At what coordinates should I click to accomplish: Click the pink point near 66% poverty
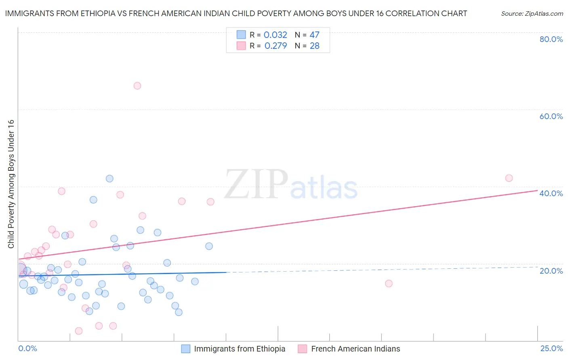pyautogui.click(x=137, y=86)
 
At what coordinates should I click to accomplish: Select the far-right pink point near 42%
pyautogui.click(x=509, y=178)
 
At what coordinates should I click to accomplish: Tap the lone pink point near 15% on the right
pyautogui.click(x=389, y=283)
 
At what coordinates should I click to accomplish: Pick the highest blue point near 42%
pyautogui.click(x=109, y=178)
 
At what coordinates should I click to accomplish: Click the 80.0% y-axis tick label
pyautogui.click(x=551, y=39)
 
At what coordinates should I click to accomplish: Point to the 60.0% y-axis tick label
pyautogui.click(x=551, y=116)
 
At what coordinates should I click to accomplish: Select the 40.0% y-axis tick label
pyautogui.click(x=551, y=193)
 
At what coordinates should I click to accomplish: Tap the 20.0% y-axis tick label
pyautogui.click(x=551, y=270)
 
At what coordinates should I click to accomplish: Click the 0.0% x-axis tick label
pyautogui.click(x=27, y=348)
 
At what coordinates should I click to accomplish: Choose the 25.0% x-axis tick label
pyautogui.click(x=551, y=348)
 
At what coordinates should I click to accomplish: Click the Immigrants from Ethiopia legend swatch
pyautogui.click(x=186, y=349)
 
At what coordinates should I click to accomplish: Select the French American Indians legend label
pyautogui.click(x=356, y=349)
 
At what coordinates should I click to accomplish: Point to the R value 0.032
pyautogui.click(x=276, y=35)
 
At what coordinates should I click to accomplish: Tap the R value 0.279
pyautogui.click(x=276, y=46)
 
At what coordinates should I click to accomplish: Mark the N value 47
pyautogui.click(x=315, y=35)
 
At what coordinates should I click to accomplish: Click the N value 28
pyautogui.click(x=315, y=46)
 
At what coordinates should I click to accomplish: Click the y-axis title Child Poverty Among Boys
pyautogui.click(x=11, y=184)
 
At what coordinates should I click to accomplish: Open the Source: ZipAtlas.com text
pyautogui.click(x=532, y=13)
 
